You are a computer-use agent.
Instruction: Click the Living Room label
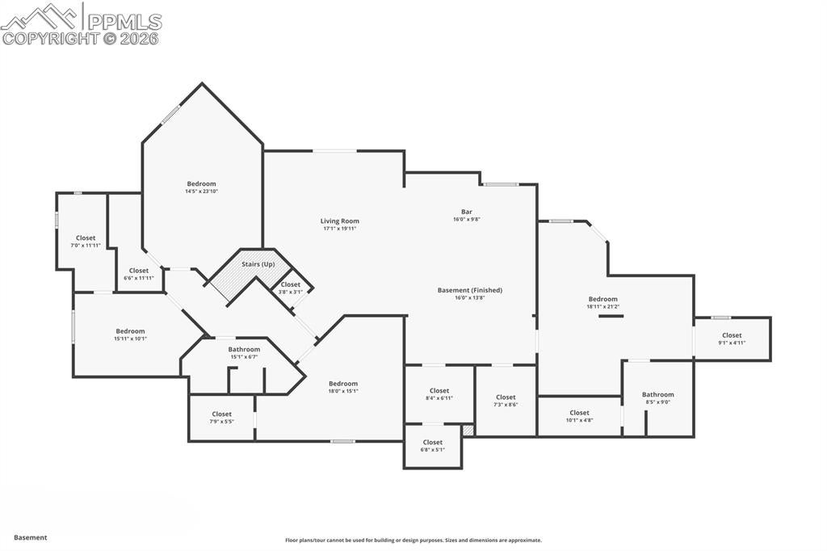click(x=339, y=221)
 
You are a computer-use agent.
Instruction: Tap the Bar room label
click(x=466, y=212)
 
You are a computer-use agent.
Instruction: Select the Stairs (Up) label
click(x=258, y=264)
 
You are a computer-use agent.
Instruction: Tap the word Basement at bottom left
click(x=31, y=537)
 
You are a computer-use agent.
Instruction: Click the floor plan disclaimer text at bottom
click(x=413, y=540)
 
